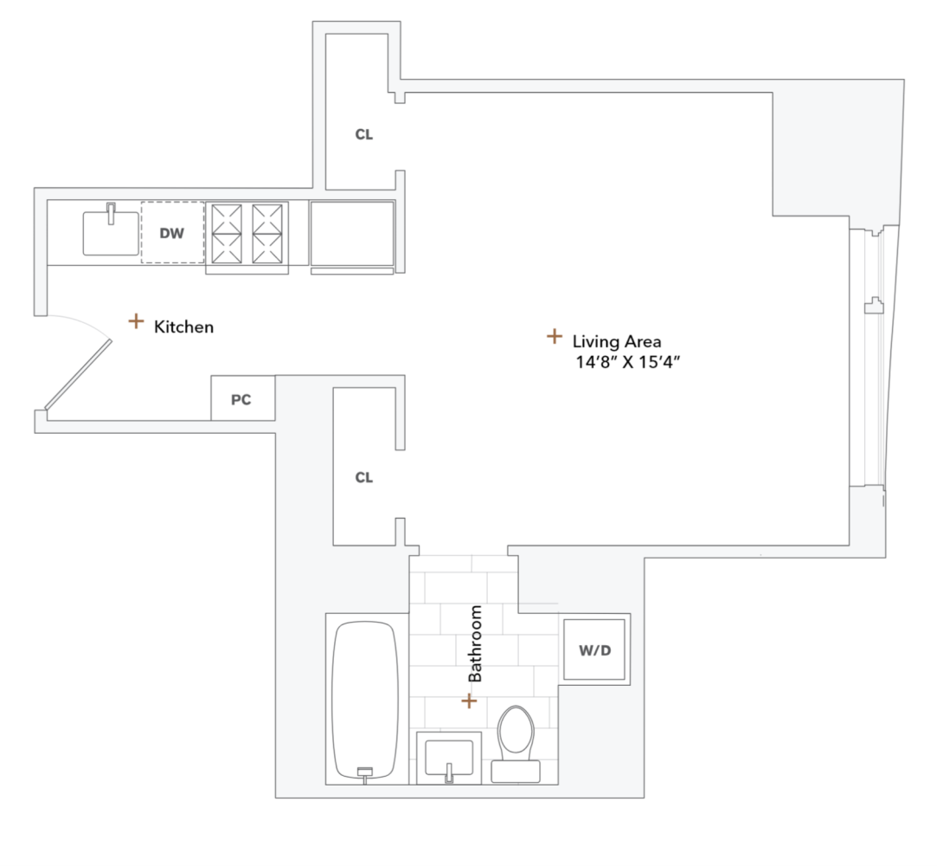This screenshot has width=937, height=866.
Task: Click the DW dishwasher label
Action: click(x=172, y=233)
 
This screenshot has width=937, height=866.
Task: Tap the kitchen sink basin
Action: click(x=111, y=233)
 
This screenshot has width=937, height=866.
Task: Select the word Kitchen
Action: click(x=183, y=327)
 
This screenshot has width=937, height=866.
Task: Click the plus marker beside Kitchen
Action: click(x=136, y=321)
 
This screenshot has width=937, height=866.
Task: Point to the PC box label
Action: click(x=241, y=399)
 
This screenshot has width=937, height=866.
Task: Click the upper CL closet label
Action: click(x=364, y=134)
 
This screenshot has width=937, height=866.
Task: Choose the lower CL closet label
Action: click(x=364, y=477)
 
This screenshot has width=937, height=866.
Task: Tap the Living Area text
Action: click(x=617, y=341)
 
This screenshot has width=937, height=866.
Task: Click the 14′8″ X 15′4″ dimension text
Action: click(x=628, y=362)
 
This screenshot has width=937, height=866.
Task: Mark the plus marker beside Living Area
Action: click(x=555, y=336)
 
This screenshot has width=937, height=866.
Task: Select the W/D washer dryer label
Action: click(x=595, y=650)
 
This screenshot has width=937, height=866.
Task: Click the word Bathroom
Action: click(x=475, y=643)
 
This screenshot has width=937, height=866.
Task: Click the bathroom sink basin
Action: click(x=449, y=757)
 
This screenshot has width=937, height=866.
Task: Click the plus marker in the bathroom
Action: click(x=469, y=701)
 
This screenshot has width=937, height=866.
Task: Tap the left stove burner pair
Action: click(x=227, y=234)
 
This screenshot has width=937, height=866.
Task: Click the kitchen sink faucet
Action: click(x=111, y=214)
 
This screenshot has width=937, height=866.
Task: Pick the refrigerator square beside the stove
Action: click(x=352, y=233)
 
